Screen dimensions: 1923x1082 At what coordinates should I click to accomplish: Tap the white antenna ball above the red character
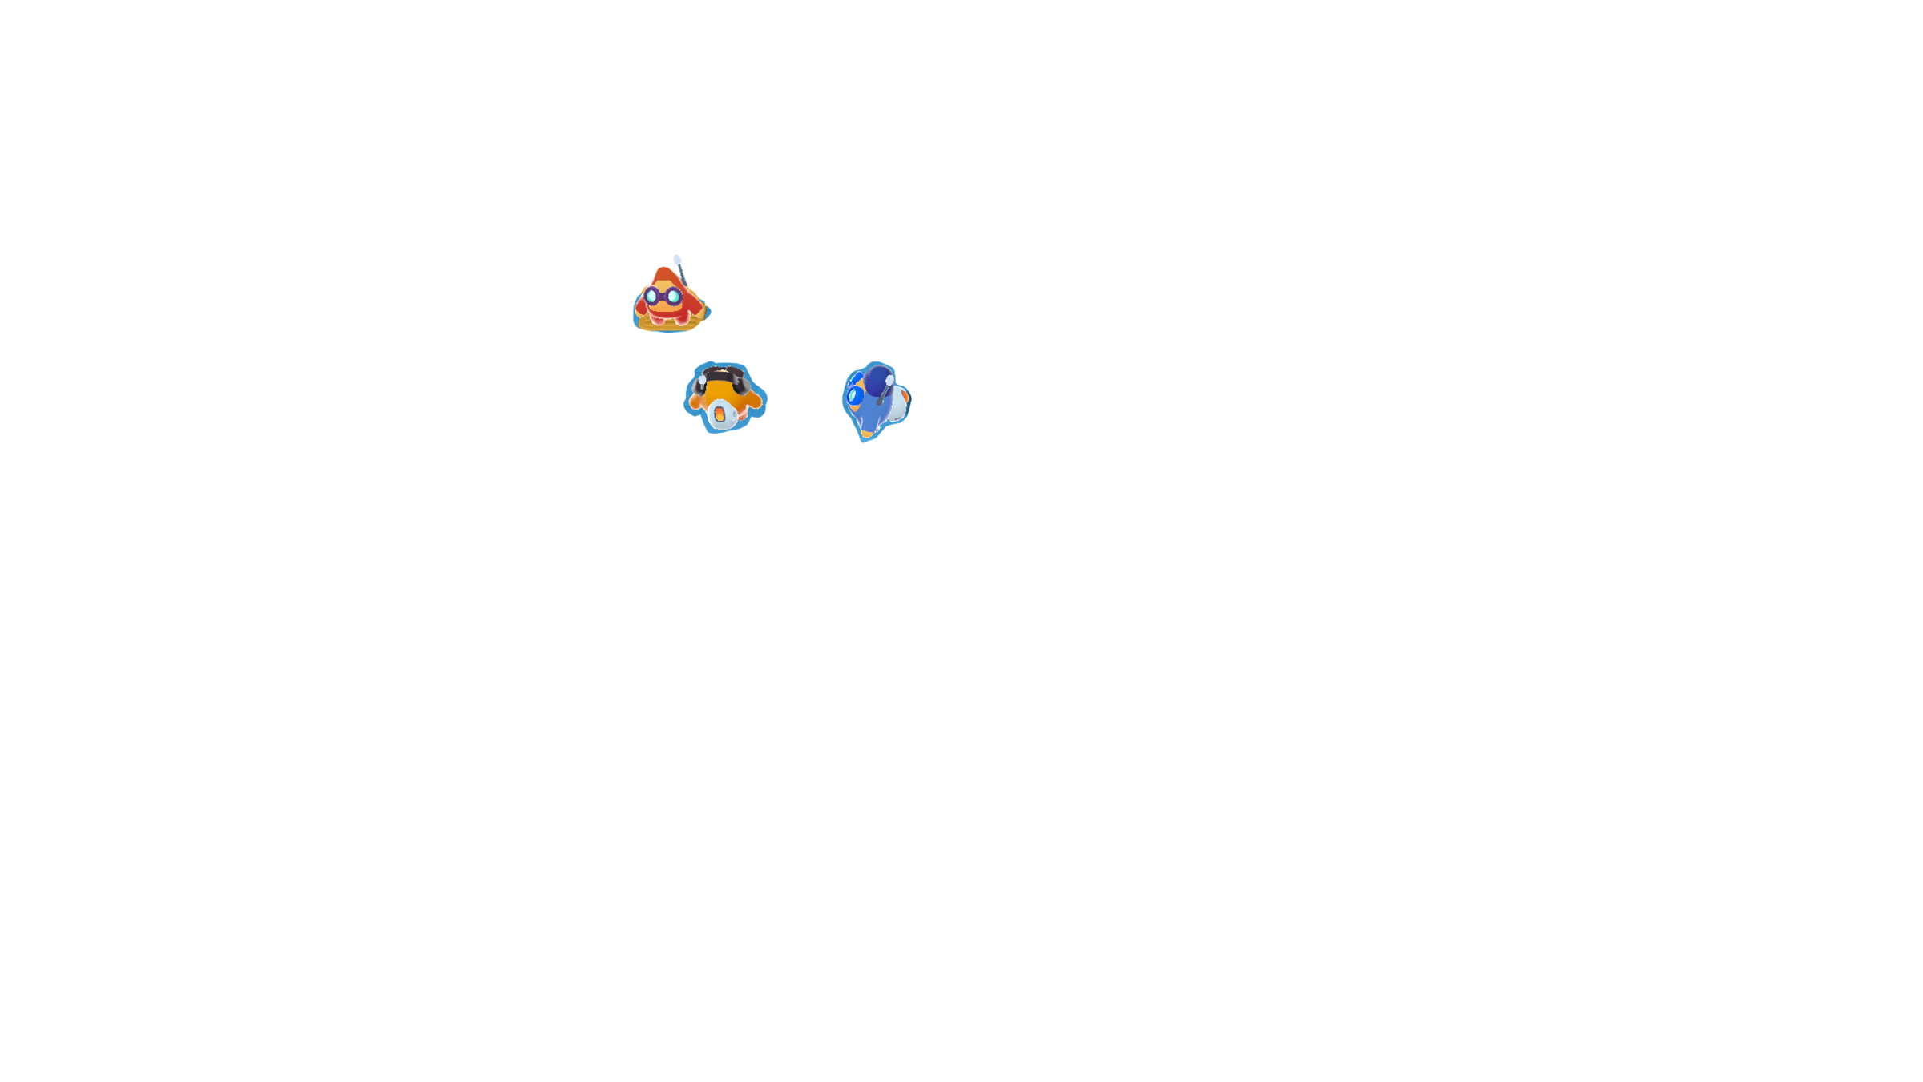(677, 260)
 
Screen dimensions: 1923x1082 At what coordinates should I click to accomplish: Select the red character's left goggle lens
(651, 297)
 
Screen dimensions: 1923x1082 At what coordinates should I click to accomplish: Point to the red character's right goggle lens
(674, 297)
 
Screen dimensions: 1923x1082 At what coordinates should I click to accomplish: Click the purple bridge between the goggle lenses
(663, 297)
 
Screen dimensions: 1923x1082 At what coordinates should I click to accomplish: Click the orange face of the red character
(663, 309)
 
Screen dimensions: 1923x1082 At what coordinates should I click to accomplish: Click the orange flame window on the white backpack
(720, 414)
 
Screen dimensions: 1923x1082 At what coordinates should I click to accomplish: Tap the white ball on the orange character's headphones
(703, 380)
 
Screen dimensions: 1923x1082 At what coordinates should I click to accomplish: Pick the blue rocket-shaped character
(876, 401)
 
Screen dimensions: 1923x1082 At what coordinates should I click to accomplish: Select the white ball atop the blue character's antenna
(889, 379)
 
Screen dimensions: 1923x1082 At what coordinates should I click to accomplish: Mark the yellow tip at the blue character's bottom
(865, 435)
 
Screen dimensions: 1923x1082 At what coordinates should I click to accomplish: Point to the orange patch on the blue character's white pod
(905, 394)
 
